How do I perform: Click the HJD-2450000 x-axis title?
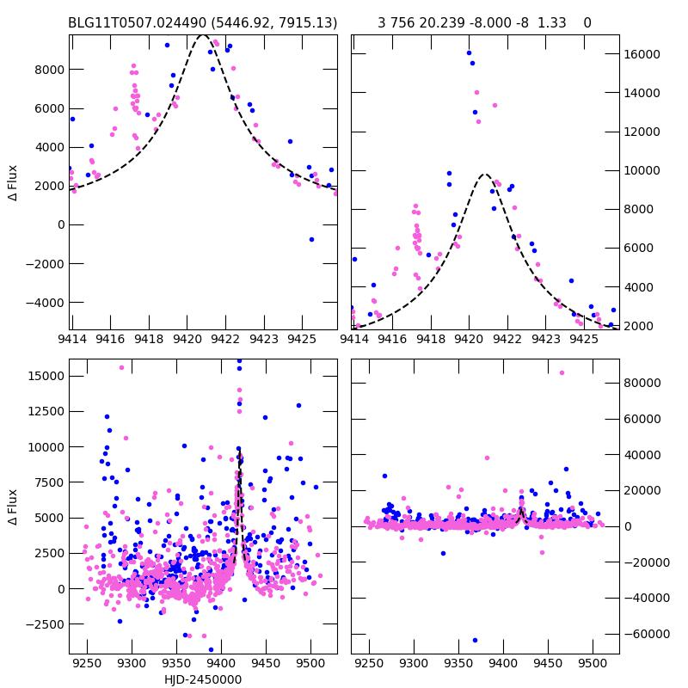click(203, 679)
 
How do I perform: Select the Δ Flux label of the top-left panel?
click(12, 183)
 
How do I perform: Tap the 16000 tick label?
click(642, 54)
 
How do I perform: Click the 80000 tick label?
click(642, 383)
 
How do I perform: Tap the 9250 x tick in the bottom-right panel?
click(370, 664)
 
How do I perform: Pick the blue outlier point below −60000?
click(474, 640)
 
